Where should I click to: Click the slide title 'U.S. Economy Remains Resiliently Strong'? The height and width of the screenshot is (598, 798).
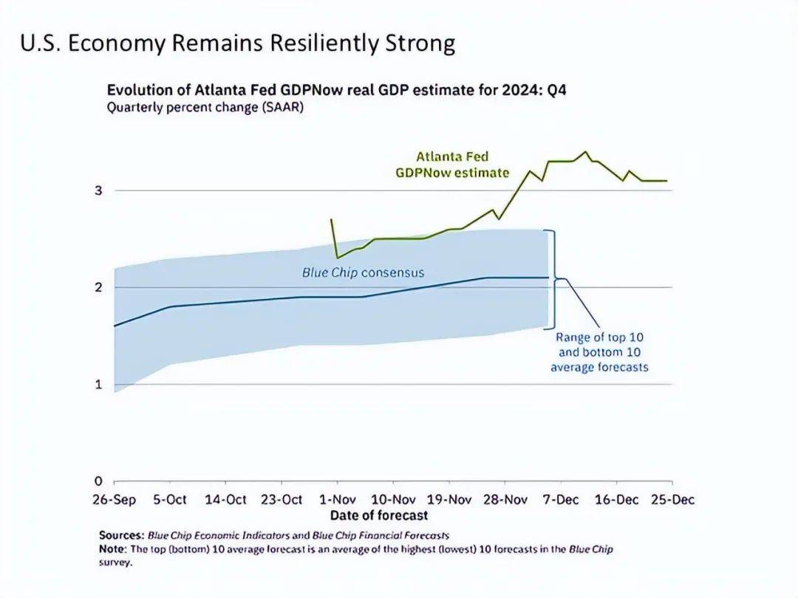point(236,44)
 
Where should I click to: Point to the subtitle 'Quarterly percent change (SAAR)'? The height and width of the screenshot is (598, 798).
point(205,107)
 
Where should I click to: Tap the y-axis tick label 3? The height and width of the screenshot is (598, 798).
point(98,191)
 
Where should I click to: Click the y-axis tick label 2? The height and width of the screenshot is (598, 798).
point(98,287)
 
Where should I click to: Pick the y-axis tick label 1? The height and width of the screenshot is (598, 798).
point(98,385)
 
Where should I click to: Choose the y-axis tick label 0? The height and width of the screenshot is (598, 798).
point(98,481)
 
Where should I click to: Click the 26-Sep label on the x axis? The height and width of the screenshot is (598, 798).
point(114,500)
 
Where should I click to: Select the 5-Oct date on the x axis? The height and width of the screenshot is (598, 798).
point(170,500)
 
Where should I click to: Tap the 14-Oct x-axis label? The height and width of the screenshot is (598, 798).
point(225,500)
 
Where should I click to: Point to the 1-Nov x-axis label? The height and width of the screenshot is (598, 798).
point(337,500)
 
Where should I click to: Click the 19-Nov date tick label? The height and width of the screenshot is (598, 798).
point(449,500)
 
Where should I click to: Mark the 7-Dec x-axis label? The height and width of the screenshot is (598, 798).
point(561,500)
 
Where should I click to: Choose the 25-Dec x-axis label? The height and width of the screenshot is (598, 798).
point(672,500)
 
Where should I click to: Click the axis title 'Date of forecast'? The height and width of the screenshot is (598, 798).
point(379,515)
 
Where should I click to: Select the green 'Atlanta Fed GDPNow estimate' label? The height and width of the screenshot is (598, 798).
point(452,165)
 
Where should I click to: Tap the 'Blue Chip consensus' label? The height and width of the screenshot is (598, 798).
point(363,272)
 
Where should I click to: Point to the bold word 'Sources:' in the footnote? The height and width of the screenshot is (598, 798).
point(121,535)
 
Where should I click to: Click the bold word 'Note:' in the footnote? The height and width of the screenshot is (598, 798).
point(112,549)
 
